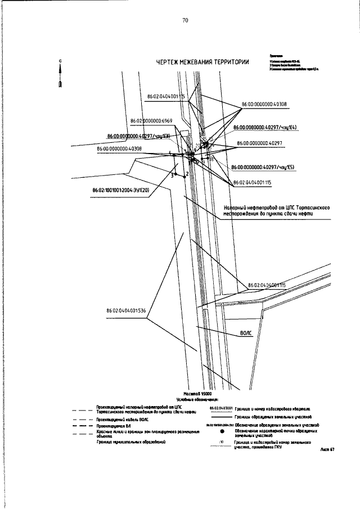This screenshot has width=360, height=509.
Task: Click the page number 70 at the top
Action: click(185, 21)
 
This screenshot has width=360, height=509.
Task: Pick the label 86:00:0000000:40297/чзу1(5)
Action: click(263, 167)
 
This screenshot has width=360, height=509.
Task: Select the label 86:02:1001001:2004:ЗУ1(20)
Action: click(121, 190)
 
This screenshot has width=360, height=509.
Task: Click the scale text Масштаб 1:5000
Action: click(196, 394)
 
